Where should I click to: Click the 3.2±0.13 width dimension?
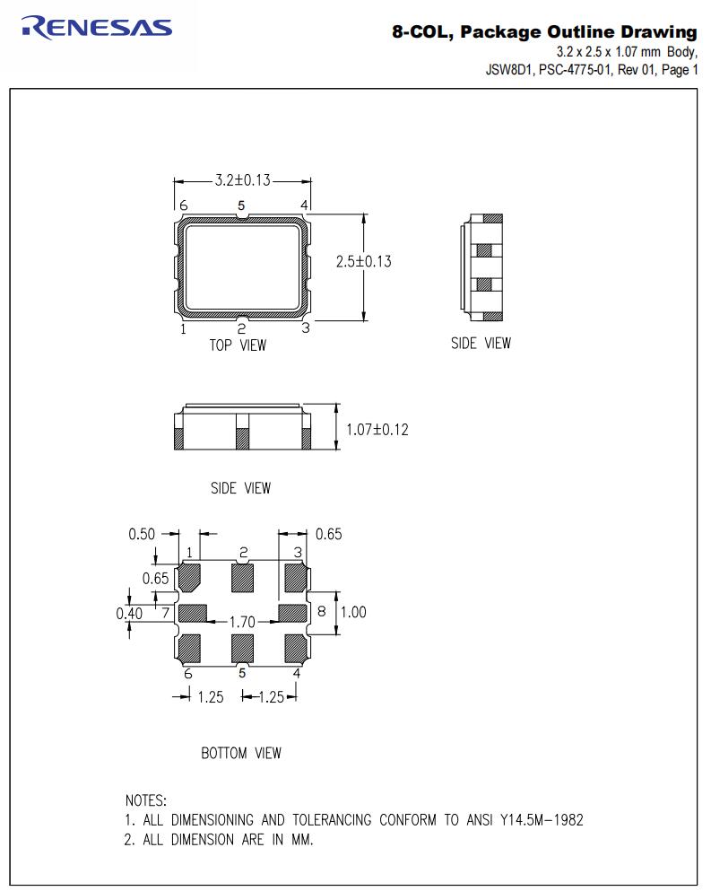242,180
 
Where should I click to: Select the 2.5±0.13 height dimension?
363,262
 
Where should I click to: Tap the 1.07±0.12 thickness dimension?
377,430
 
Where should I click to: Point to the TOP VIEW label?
238,345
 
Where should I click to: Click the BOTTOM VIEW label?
240,753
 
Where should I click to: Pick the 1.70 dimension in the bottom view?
243,621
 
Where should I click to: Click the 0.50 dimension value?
142,534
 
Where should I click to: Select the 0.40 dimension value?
129,614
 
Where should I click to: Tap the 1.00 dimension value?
354,612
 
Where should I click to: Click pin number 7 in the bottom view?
166,613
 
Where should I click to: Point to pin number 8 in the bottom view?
321,612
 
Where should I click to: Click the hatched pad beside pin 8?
293,613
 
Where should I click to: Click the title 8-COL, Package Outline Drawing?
543,32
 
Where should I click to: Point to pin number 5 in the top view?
241,205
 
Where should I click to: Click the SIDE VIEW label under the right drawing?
481,343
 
